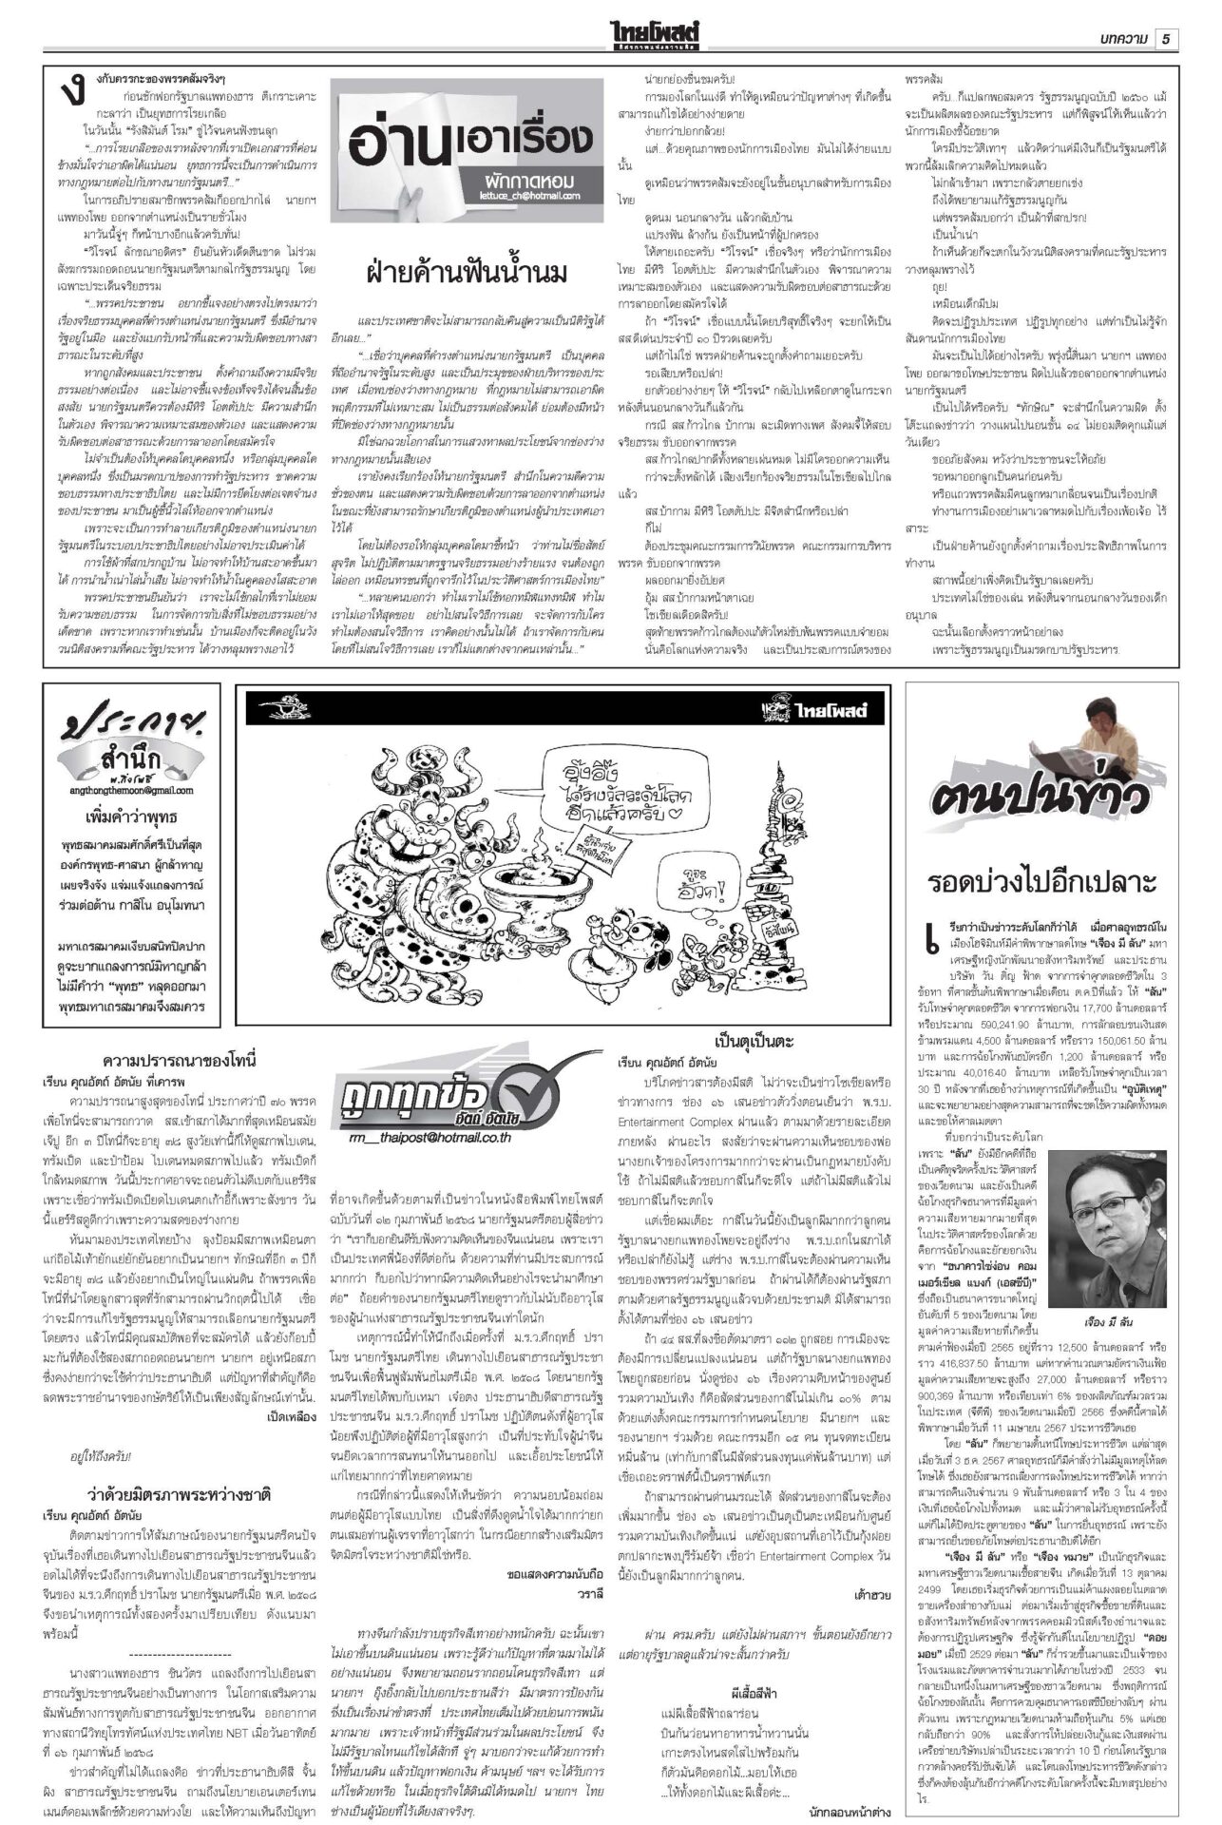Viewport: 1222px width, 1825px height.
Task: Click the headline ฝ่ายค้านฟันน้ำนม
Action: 467,274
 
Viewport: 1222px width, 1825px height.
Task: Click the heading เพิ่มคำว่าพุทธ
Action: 131,816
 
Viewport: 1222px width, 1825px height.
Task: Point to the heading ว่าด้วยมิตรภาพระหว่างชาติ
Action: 181,1490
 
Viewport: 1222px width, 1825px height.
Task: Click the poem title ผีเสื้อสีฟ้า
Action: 754,1691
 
